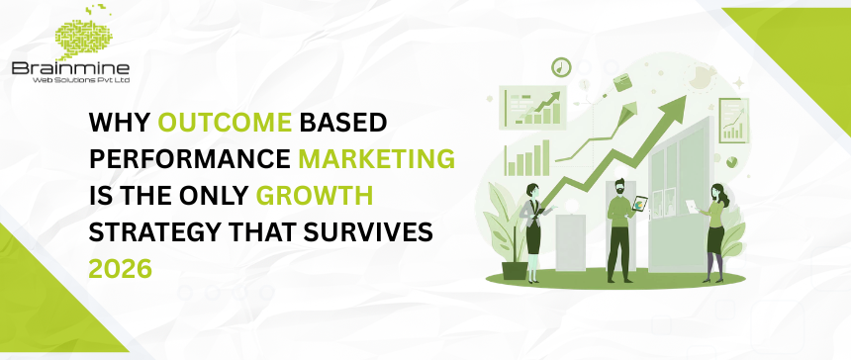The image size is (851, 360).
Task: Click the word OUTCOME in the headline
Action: click(214, 123)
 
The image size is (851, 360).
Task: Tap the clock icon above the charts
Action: click(562, 66)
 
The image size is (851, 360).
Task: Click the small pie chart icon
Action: click(731, 159)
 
